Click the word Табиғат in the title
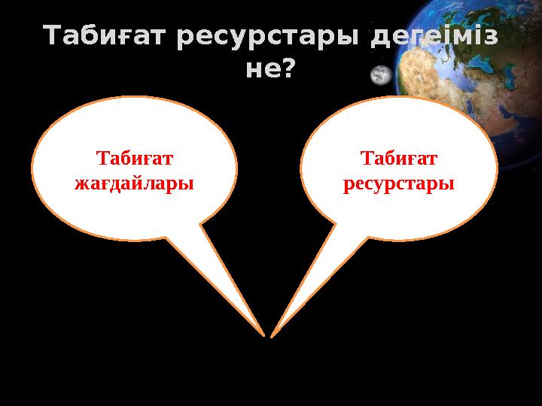(105, 36)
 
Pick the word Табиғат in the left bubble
(135, 159)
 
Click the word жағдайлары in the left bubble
(135, 183)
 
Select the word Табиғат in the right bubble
(399, 159)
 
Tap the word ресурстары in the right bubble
(399, 183)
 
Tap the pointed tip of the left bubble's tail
(263, 335)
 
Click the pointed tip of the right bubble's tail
(272, 335)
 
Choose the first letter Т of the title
(52, 36)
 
